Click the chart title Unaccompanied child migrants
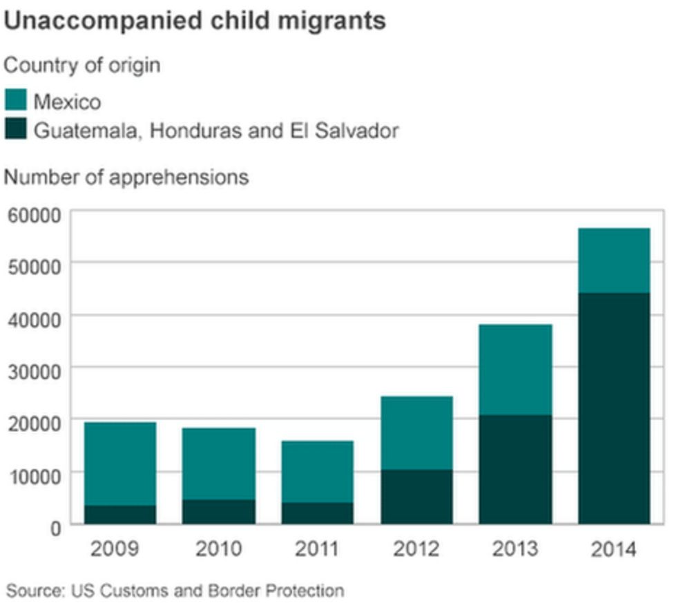coord(195,21)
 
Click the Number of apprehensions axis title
coord(126,177)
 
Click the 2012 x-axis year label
coord(416,549)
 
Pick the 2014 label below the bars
coord(614,549)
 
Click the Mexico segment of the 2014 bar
coord(614,260)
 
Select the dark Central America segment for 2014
coord(614,408)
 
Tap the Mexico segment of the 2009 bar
coord(119,464)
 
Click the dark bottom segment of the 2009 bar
coord(119,514)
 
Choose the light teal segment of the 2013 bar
coord(515,370)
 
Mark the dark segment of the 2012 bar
coord(416,497)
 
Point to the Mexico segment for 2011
coord(318,471)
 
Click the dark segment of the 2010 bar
coord(218,511)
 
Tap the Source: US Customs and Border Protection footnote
coord(175,591)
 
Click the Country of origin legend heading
coord(82,66)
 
